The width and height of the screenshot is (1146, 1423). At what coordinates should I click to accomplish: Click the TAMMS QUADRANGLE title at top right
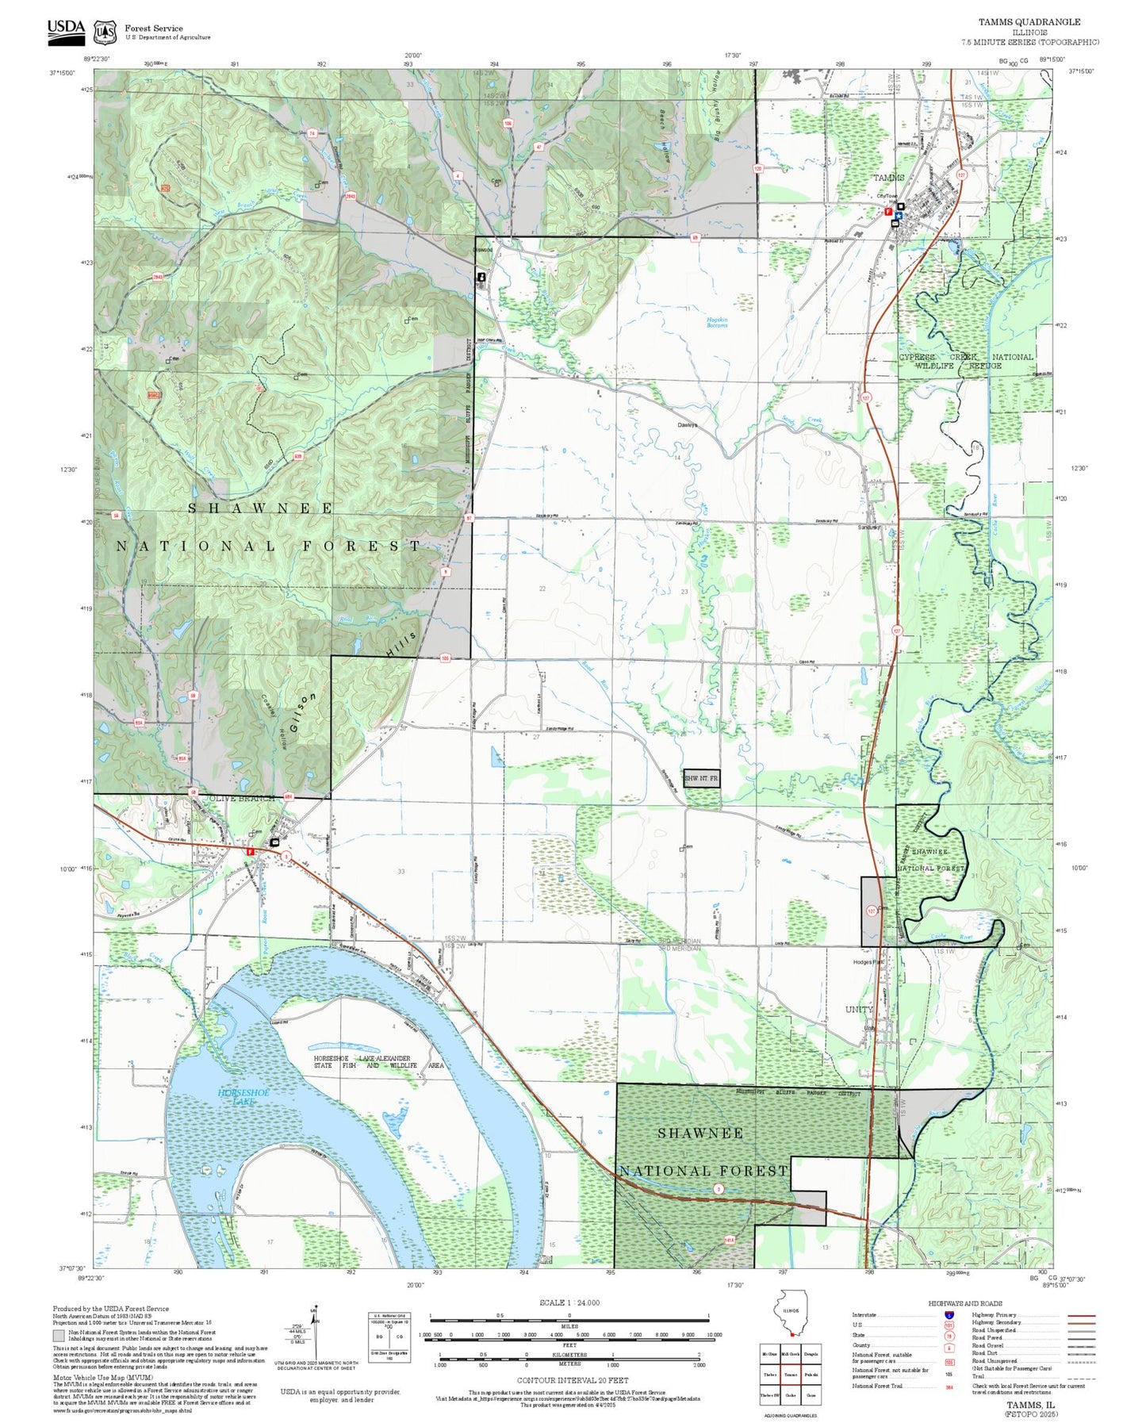pyautogui.click(x=1029, y=22)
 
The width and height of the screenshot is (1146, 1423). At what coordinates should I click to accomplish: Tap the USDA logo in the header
pyautogui.click(x=66, y=29)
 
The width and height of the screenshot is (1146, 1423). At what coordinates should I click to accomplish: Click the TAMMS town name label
pyautogui.click(x=888, y=178)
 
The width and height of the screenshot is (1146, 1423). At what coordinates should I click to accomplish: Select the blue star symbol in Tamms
pyautogui.click(x=899, y=215)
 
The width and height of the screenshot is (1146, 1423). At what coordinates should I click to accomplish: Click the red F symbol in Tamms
pyautogui.click(x=887, y=212)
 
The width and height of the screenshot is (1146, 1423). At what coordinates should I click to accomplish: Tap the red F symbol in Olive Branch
pyautogui.click(x=251, y=851)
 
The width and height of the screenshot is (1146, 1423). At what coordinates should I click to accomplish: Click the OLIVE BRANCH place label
pyautogui.click(x=240, y=798)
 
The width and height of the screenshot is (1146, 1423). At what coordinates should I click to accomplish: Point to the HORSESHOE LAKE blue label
pyautogui.click(x=243, y=1097)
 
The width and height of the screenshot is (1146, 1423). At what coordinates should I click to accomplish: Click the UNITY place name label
pyautogui.click(x=859, y=1009)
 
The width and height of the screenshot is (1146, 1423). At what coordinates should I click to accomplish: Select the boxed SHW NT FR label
pyautogui.click(x=701, y=779)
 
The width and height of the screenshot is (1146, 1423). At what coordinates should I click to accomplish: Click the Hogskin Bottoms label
pyautogui.click(x=717, y=322)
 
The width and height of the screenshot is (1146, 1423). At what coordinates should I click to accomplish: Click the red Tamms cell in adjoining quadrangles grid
pyautogui.click(x=791, y=1375)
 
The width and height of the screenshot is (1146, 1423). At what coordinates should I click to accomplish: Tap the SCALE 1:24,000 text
pyautogui.click(x=569, y=1302)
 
